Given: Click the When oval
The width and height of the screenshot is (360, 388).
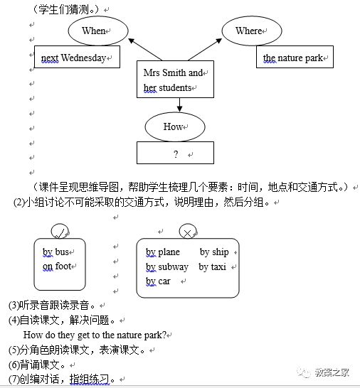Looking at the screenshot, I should pos(97,31).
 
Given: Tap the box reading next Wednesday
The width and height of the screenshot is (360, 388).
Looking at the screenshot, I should pos(77,58).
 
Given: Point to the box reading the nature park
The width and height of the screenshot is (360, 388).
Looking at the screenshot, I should pos(295,58).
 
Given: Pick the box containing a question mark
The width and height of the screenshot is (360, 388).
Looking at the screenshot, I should pos(175,153).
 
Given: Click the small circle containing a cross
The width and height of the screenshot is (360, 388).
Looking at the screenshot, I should pos(188,232).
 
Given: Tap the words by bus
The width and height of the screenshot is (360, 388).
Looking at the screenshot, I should pos(56,252).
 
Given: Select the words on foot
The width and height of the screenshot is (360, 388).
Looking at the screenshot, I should pos(57,266).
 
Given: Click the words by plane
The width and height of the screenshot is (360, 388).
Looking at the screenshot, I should pos(163,252).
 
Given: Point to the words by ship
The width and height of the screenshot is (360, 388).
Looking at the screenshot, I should pos(214,252).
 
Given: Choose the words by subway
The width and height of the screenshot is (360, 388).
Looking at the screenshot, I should pos(167,267).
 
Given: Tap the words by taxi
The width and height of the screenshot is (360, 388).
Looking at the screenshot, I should pos(213,267).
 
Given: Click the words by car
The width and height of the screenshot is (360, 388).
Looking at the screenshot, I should pos(159,281).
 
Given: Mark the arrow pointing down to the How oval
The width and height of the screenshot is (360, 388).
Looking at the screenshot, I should pos(179,104).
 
